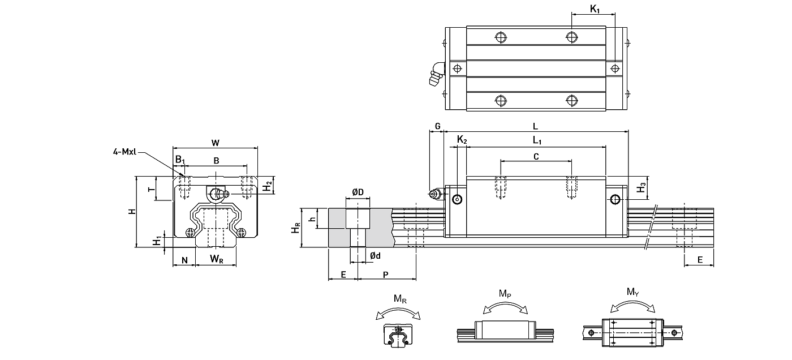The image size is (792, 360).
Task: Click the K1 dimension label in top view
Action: pyautogui.click(x=595, y=8)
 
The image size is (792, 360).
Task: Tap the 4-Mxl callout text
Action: pyautogui.click(x=124, y=151)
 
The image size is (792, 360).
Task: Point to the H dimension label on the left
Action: pyautogui.click(x=131, y=211)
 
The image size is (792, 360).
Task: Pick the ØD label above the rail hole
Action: pyautogui.click(x=358, y=193)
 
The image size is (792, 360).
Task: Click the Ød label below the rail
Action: pyautogui.click(x=375, y=256)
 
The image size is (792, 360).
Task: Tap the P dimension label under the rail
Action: pyautogui.click(x=386, y=275)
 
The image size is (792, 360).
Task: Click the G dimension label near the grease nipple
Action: pyautogui.click(x=437, y=126)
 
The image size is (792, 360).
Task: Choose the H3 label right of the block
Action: pyautogui.click(x=642, y=187)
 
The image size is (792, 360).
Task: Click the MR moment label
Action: pyautogui.click(x=399, y=299)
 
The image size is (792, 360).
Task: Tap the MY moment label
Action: pyautogui.click(x=632, y=292)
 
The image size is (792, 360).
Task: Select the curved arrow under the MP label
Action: pyautogui.click(x=506, y=306)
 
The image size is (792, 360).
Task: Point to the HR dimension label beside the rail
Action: pyautogui.click(x=295, y=228)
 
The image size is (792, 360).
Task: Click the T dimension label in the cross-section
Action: pyautogui.click(x=151, y=190)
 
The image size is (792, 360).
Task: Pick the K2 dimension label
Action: pyautogui.click(x=462, y=140)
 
